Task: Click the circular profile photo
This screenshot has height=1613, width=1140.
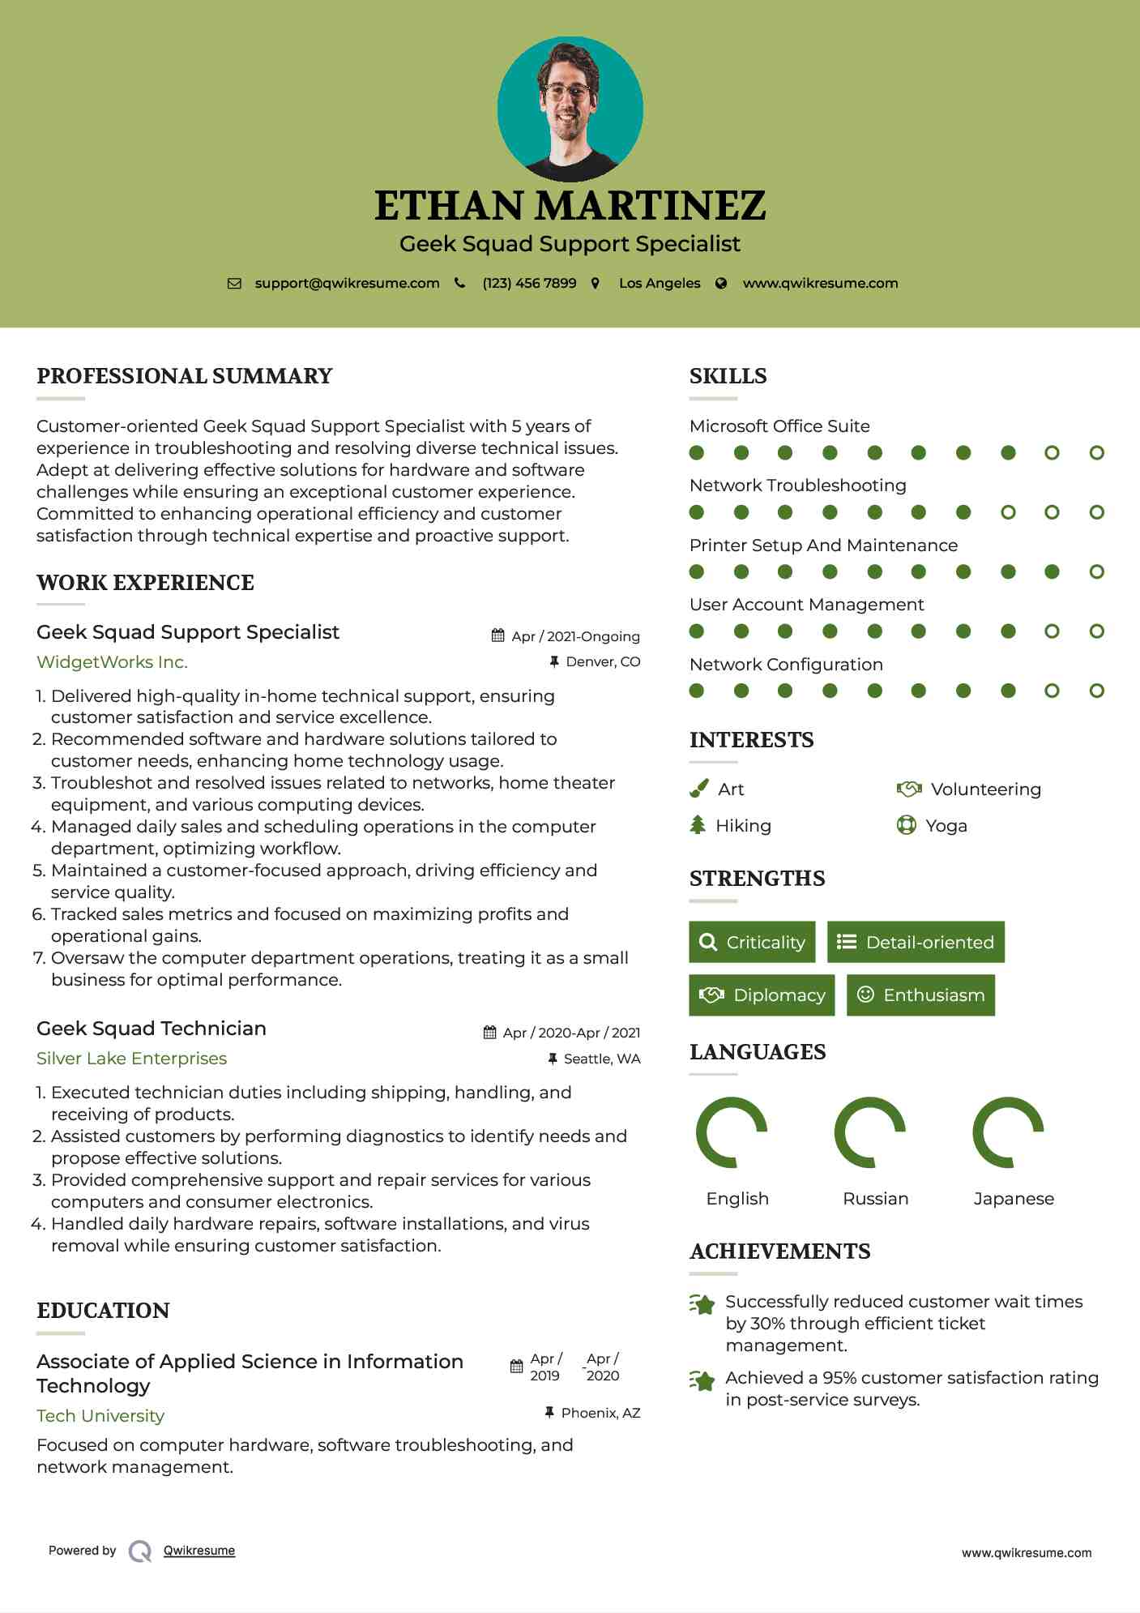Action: tap(570, 109)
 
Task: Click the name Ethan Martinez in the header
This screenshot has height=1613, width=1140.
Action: tap(570, 206)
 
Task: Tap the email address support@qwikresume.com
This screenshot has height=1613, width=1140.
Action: tap(347, 284)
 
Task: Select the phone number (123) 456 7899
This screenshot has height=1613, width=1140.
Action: tap(529, 284)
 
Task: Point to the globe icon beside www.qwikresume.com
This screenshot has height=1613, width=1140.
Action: tap(721, 284)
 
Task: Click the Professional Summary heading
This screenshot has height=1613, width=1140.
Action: tap(185, 376)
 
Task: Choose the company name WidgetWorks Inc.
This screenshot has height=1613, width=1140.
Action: tap(112, 662)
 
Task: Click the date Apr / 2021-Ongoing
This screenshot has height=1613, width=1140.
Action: tap(575, 636)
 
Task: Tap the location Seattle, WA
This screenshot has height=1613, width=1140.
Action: tap(601, 1059)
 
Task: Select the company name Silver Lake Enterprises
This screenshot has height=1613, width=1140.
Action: tap(131, 1059)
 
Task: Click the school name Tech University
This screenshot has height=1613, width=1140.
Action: tap(100, 1416)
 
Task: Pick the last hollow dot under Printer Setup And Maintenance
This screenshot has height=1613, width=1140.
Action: tap(1096, 572)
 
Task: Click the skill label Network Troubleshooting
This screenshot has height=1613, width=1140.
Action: tap(797, 486)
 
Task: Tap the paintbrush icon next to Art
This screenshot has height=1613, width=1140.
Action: tap(698, 789)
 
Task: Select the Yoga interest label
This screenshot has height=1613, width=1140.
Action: tap(946, 826)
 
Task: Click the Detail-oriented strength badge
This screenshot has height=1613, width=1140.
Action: tap(916, 942)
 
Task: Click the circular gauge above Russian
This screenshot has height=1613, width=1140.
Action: tap(869, 1132)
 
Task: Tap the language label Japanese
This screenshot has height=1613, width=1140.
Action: tap(1014, 1199)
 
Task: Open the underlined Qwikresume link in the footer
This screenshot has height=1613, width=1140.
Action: tap(199, 1551)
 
